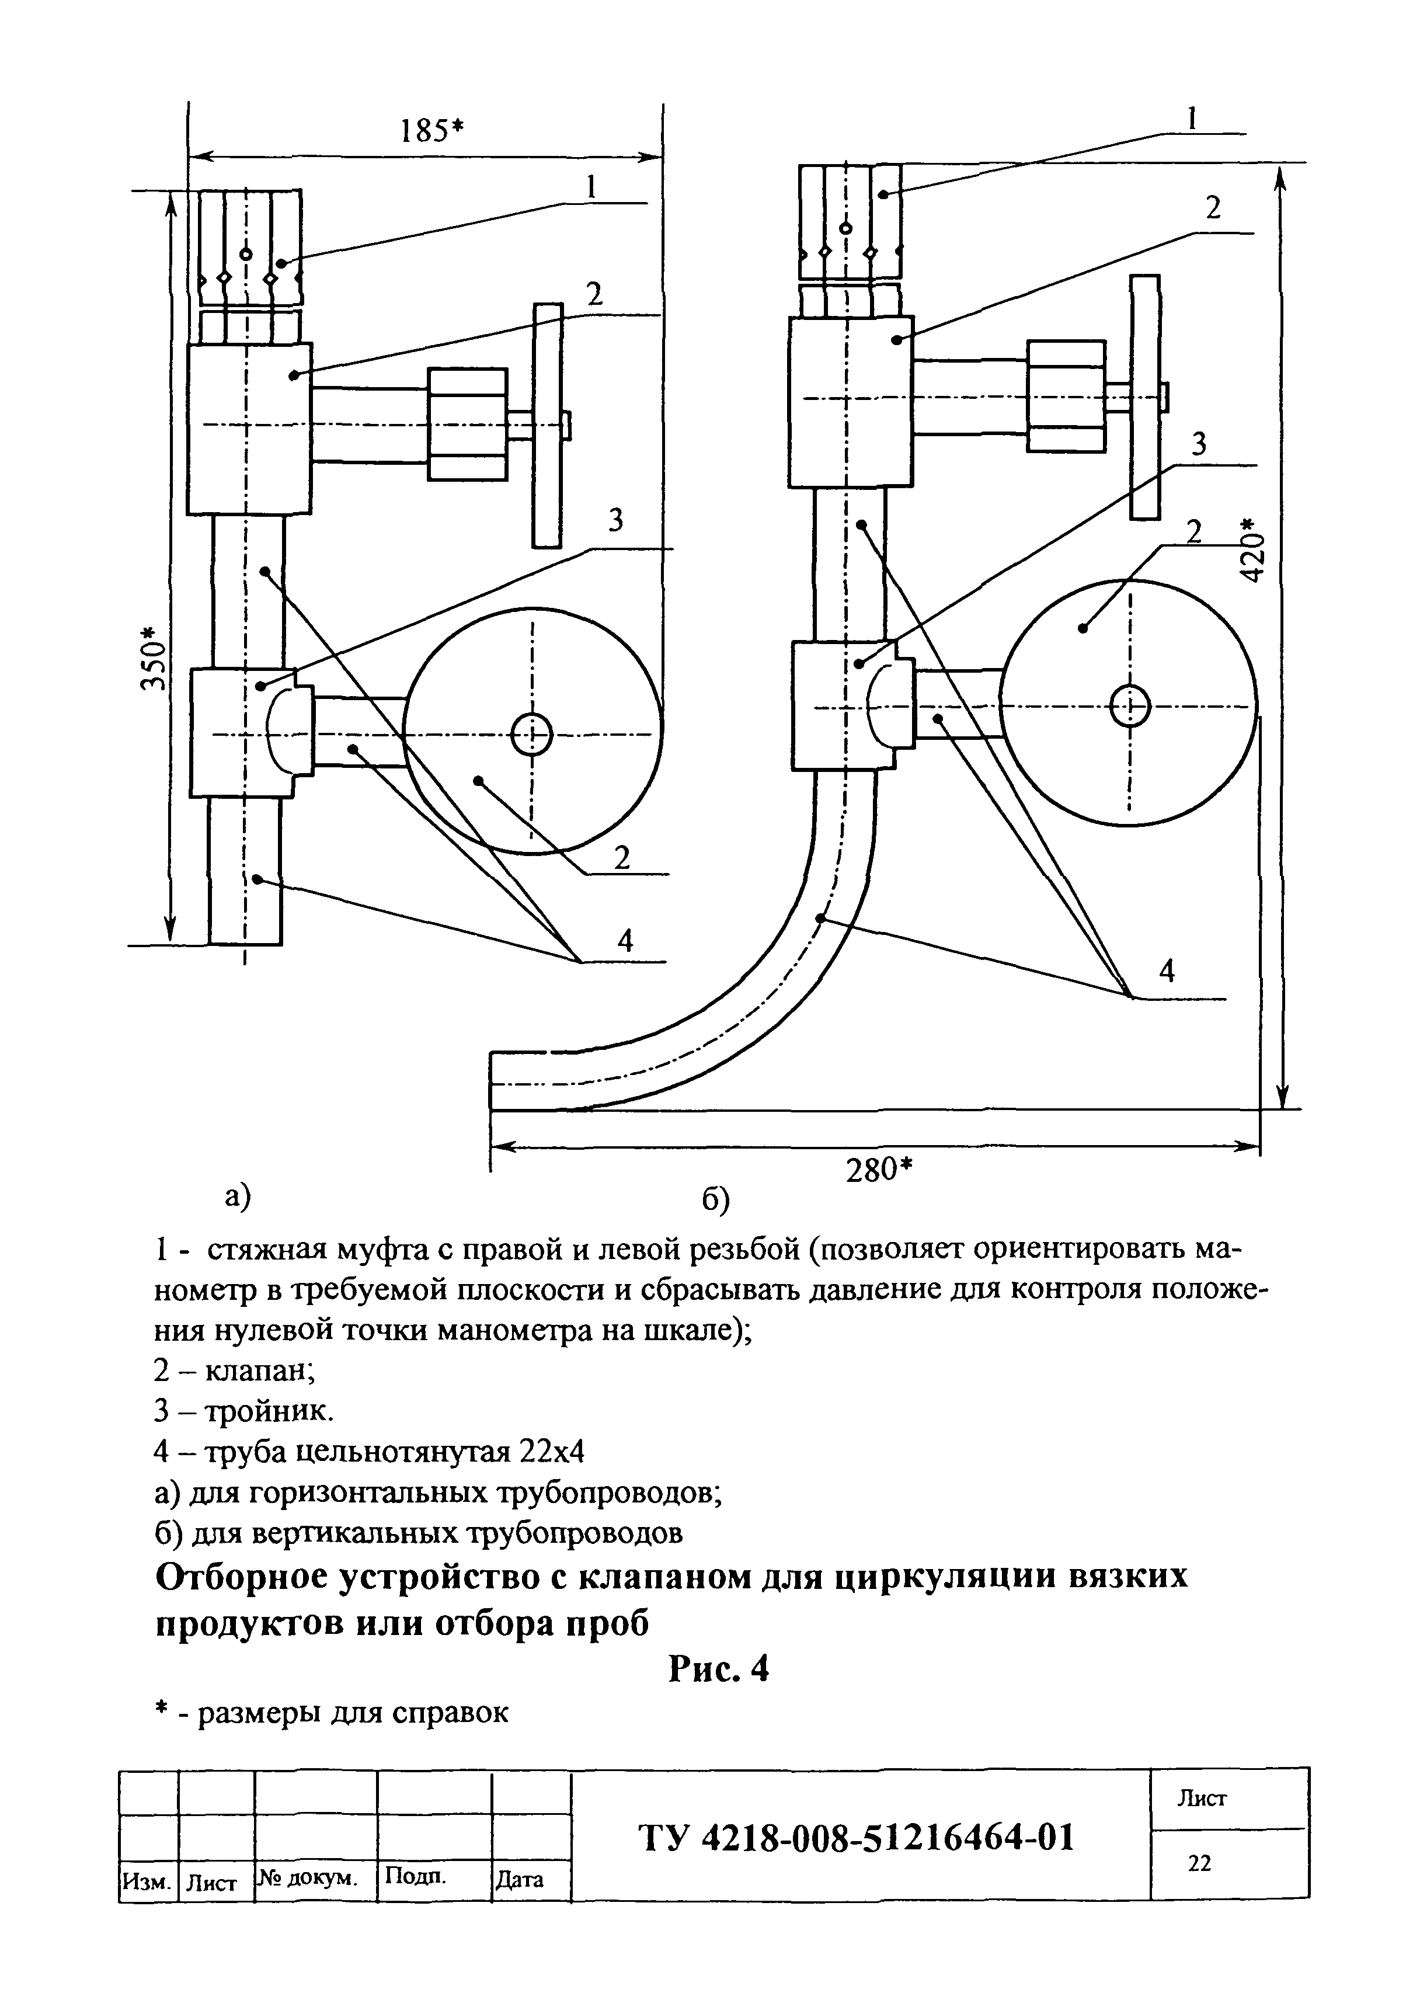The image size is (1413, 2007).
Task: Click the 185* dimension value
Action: (430, 131)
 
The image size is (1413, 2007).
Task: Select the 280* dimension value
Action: (878, 1170)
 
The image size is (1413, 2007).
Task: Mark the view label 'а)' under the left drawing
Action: (239, 1196)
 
